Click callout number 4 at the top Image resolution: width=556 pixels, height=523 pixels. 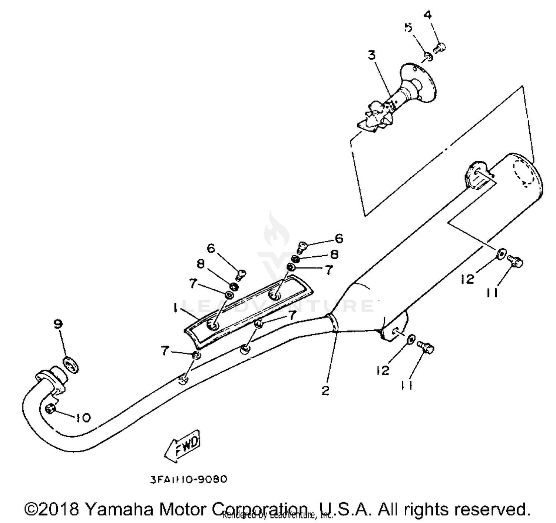coord(428,15)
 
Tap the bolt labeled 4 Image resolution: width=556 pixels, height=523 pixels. coord(440,47)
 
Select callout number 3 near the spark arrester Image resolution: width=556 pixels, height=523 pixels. coord(371,55)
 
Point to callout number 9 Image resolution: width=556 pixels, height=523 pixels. coord(58,324)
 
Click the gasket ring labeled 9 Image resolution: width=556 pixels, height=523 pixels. coord(71,365)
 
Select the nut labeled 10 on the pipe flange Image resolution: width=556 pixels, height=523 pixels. coord(50,409)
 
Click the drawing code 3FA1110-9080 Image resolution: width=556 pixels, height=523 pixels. coord(189,479)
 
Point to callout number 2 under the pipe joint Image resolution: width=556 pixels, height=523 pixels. coord(325,390)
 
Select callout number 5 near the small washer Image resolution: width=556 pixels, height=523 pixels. coord(408,27)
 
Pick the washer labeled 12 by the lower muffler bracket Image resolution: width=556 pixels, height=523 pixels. coord(411,339)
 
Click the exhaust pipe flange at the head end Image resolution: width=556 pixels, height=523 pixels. coord(51,379)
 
